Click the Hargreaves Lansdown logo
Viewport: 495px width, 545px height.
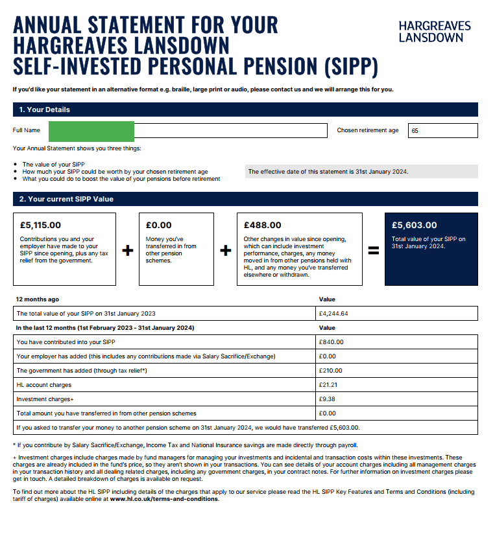click(x=434, y=31)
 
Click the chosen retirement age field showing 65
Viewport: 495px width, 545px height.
click(x=442, y=130)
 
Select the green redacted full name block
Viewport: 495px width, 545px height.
click(x=91, y=130)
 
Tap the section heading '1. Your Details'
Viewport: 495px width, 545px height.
click(x=45, y=110)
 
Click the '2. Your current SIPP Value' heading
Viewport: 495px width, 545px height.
click(x=66, y=199)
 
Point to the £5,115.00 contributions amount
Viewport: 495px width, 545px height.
click(x=40, y=226)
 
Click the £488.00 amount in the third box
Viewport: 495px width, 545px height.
click(x=263, y=226)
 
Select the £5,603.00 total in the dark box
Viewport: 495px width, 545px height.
click(x=415, y=226)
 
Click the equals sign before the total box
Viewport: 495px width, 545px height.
click(x=374, y=250)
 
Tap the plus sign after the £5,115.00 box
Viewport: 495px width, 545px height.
click(x=128, y=250)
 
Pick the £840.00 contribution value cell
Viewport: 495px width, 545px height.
click(x=332, y=342)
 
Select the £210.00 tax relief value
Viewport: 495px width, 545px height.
click(x=331, y=371)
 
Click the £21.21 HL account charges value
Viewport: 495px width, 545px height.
click(x=329, y=385)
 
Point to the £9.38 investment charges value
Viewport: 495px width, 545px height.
click(x=328, y=399)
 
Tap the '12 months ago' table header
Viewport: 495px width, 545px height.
click(x=37, y=299)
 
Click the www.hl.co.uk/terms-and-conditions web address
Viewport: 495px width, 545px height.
click(x=164, y=499)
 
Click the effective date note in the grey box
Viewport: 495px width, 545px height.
click(x=328, y=172)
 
